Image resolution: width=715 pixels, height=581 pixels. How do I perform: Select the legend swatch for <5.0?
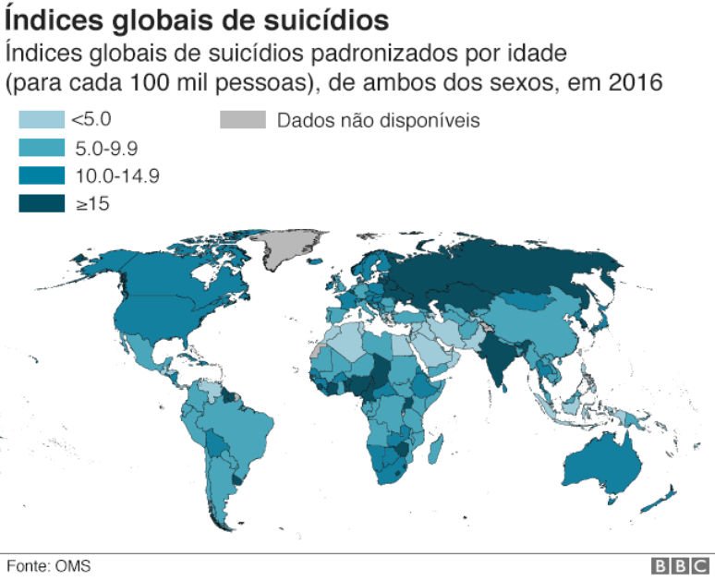[x=41, y=119]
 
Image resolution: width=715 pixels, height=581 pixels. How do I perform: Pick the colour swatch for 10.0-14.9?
[x=41, y=176]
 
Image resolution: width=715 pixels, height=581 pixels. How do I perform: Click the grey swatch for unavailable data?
[x=242, y=119]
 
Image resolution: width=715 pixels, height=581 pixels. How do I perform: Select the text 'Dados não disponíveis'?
[x=378, y=120]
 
